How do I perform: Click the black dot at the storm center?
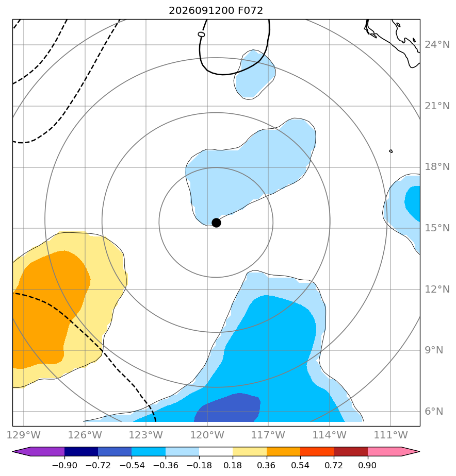pos(216,223)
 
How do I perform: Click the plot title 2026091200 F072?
pos(216,11)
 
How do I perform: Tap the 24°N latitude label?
pos(437,45)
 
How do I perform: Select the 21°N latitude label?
pos(437,106)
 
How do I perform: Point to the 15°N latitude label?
pos(437,228)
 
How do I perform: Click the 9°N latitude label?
pos(434,350)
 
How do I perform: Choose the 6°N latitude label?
pos(434,411)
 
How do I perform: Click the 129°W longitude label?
pos(23,435)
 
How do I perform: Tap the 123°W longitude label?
pos(146,435)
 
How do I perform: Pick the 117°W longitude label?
pos(268,435)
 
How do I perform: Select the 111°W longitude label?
pos(390,435)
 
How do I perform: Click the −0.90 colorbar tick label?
pos(64,465)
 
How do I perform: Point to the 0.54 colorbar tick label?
pos(300,465)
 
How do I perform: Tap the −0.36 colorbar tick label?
pos(166,465)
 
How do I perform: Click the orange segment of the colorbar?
pos(283,451)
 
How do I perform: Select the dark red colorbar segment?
pos(351,451)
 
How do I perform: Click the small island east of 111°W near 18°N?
pos(391,151)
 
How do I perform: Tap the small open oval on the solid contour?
pos(201,35)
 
